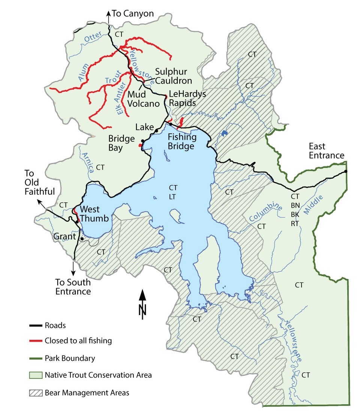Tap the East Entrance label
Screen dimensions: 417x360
click(326, 151)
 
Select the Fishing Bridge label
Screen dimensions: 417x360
click(181, 141)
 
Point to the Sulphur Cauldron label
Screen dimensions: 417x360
click(173, 76)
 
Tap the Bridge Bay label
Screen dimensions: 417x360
click(121, 143)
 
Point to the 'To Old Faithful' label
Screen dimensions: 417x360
click(40, 182)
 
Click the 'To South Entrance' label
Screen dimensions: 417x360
click(73, 287)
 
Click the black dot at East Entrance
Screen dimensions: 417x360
click(346, 172)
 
